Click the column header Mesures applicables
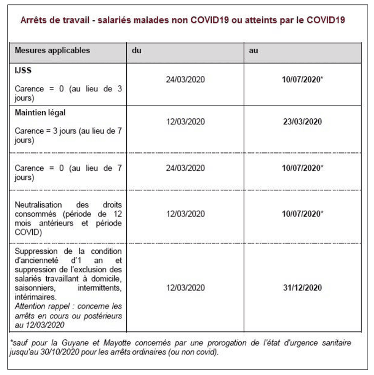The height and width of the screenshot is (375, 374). pyautogui.click(x=52, y=51)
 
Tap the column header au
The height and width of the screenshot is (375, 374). pyautogui.click(x=254, y=51)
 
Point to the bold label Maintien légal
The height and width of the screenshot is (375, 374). pyautogui.click(x=40, y=113)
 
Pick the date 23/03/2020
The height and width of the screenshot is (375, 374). pyautogui.click(x=302, y=122)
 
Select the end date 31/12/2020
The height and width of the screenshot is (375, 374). pyautogui.click(x=302, y=288)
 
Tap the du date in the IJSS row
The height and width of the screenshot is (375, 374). pyautogui.click(x=185, y=79)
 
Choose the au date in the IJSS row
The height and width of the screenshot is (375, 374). pyautogui.click(x=302, y=79)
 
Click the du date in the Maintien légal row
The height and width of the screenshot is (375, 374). pyautogui.click(x=185, y=122)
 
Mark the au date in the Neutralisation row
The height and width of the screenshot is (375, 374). pyautogui.click(x=302, y=214)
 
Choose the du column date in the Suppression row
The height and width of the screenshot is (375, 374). pyautogui.click(x=185, y=288)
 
